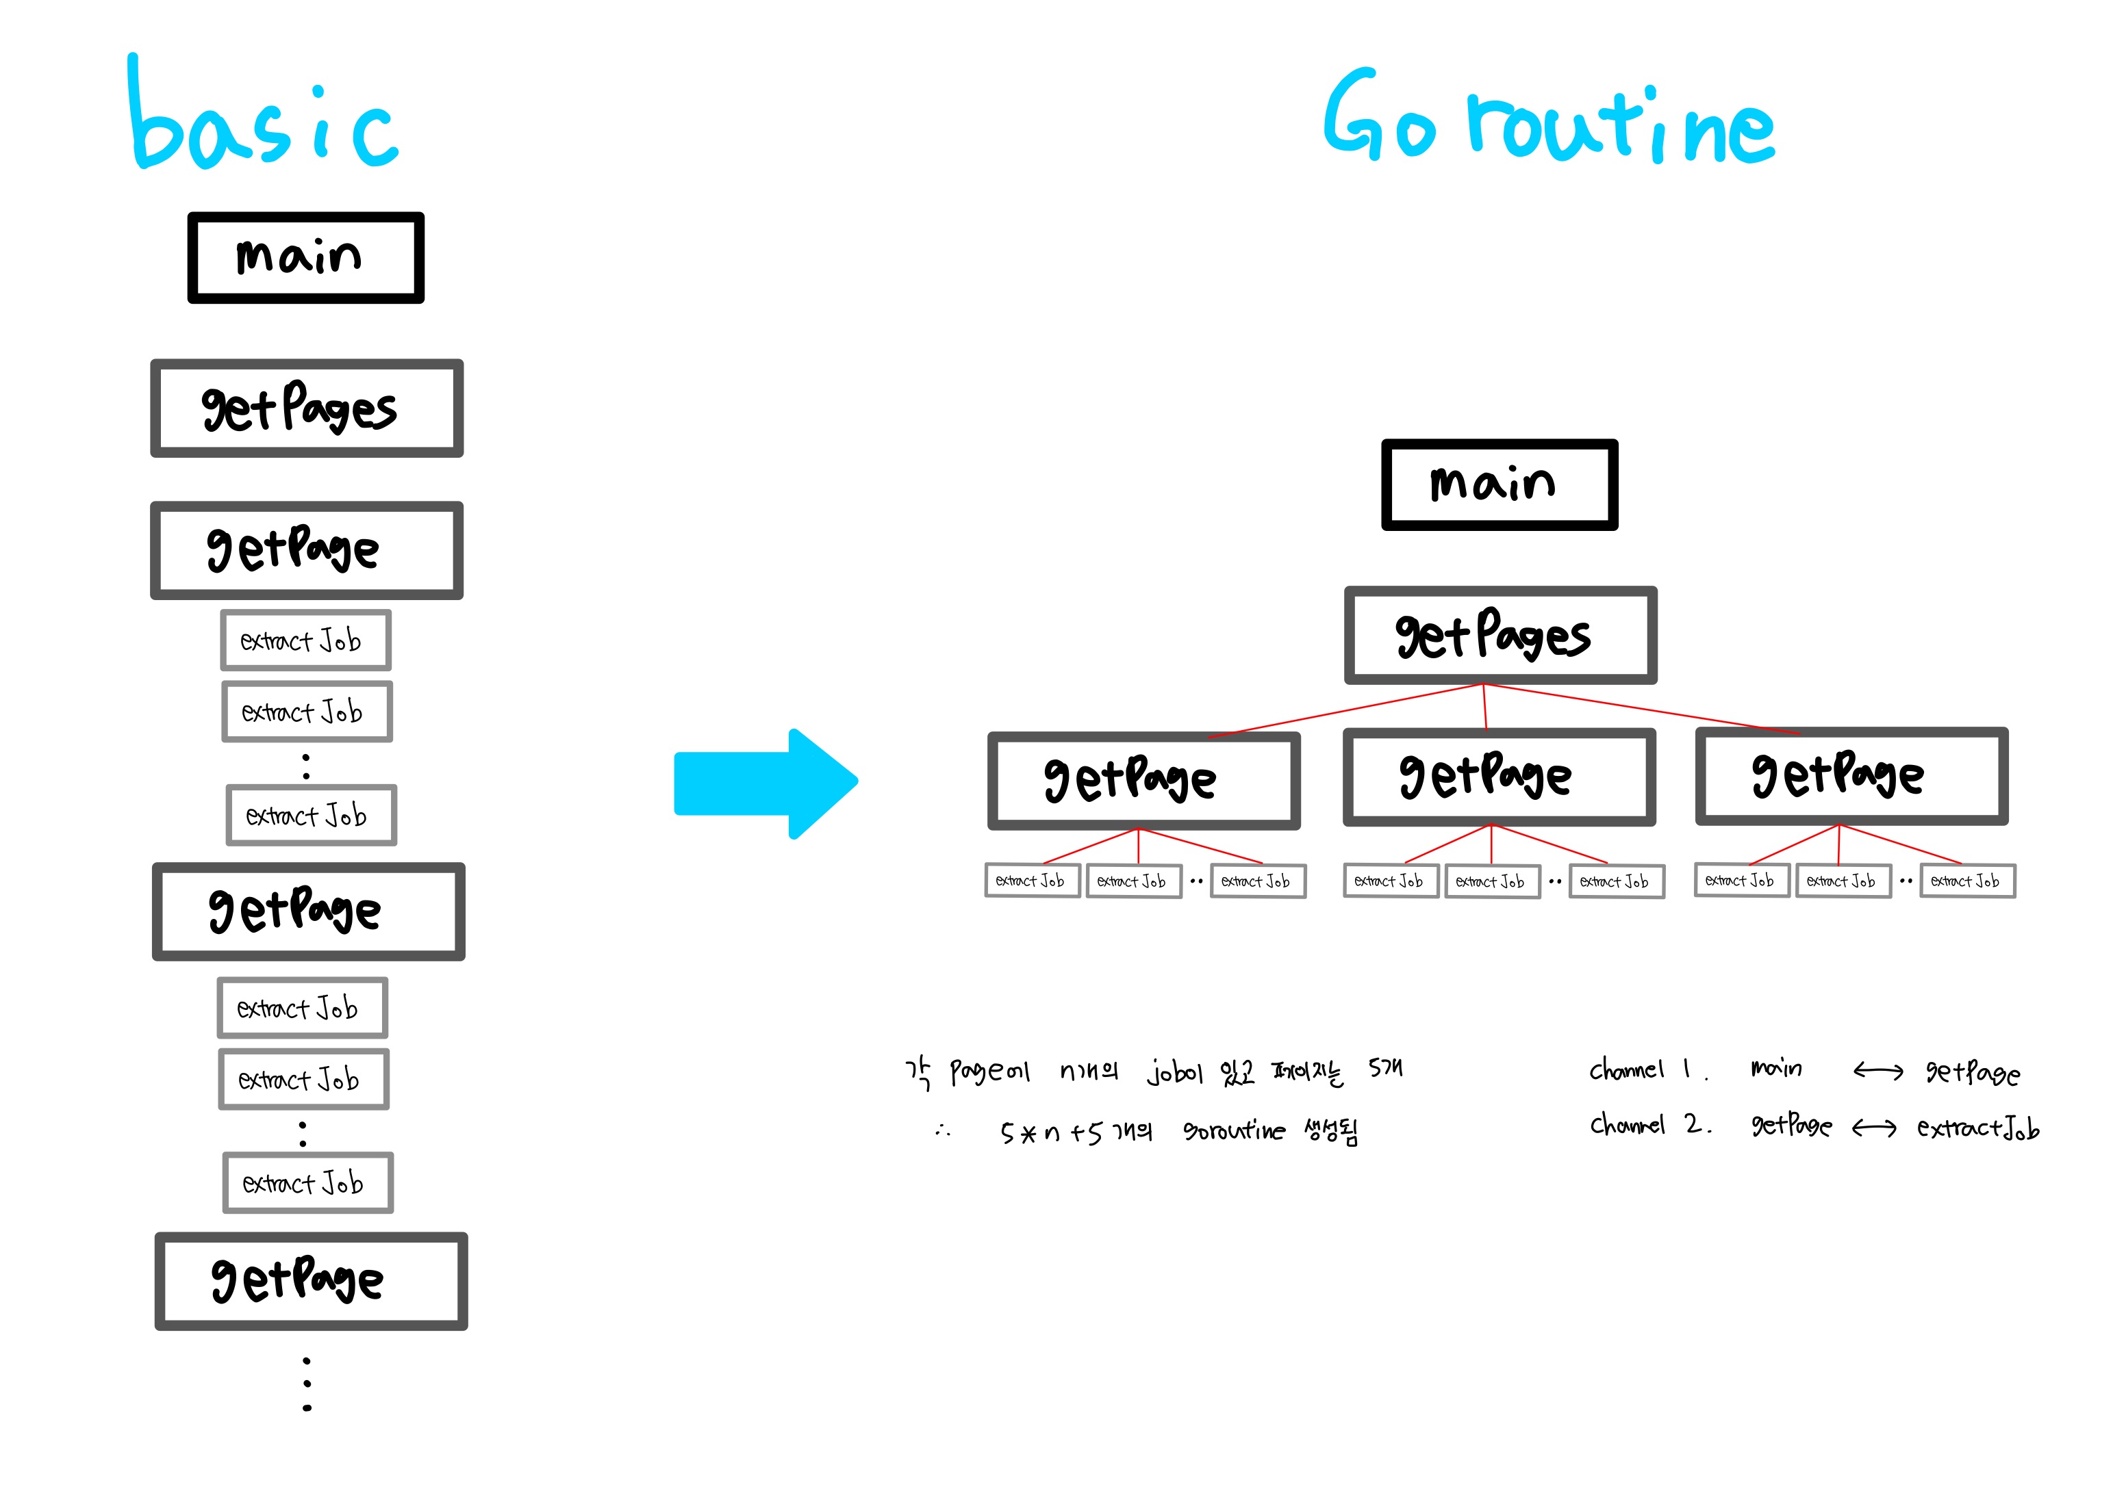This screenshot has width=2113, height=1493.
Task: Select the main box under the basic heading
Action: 305,257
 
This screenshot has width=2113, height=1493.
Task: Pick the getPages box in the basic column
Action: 307,408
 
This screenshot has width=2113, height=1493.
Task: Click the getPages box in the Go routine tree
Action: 1500,635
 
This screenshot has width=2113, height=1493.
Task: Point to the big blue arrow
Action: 764,783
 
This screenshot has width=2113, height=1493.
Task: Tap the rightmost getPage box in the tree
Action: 1851,775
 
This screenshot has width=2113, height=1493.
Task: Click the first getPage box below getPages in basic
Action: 307,550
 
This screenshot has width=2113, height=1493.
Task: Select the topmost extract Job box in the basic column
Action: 305,640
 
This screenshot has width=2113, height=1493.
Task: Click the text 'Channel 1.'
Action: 1647,1070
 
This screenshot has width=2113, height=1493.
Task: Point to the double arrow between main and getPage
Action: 1877,1071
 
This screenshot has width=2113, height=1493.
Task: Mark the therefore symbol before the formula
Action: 942,1130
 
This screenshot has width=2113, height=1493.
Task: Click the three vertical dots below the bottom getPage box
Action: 307,1384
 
